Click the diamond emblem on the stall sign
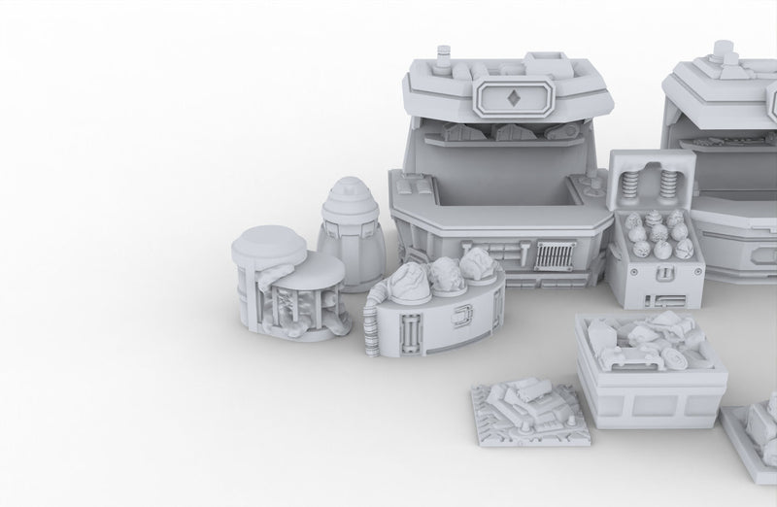point(512,98)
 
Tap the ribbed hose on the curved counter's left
point(371,326)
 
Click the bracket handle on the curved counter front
point(463,316)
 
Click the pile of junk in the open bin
point(649,341)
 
